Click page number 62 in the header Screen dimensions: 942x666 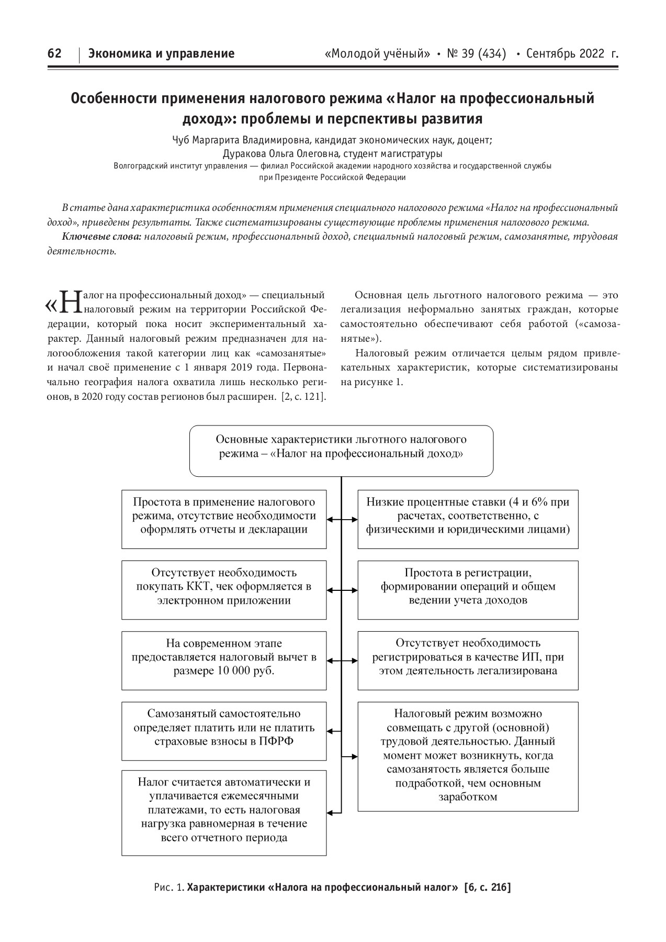[54, 53]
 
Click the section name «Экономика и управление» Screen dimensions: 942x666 [161, 53]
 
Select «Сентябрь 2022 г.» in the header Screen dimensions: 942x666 [572, 53]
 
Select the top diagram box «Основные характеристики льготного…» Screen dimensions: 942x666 [341, 451]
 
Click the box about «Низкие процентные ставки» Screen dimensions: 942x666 [468, 519]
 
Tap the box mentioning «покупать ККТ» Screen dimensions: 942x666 [224, 590]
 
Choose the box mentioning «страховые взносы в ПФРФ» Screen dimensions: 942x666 [224, 731]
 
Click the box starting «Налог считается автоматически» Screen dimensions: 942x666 [224, 812]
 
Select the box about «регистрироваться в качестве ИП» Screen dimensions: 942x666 [468, 660]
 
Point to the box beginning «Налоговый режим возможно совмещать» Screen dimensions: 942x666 [468, 756]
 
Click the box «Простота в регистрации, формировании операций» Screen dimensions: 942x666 [468, 590]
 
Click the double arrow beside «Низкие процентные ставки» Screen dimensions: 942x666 [342, 520]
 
